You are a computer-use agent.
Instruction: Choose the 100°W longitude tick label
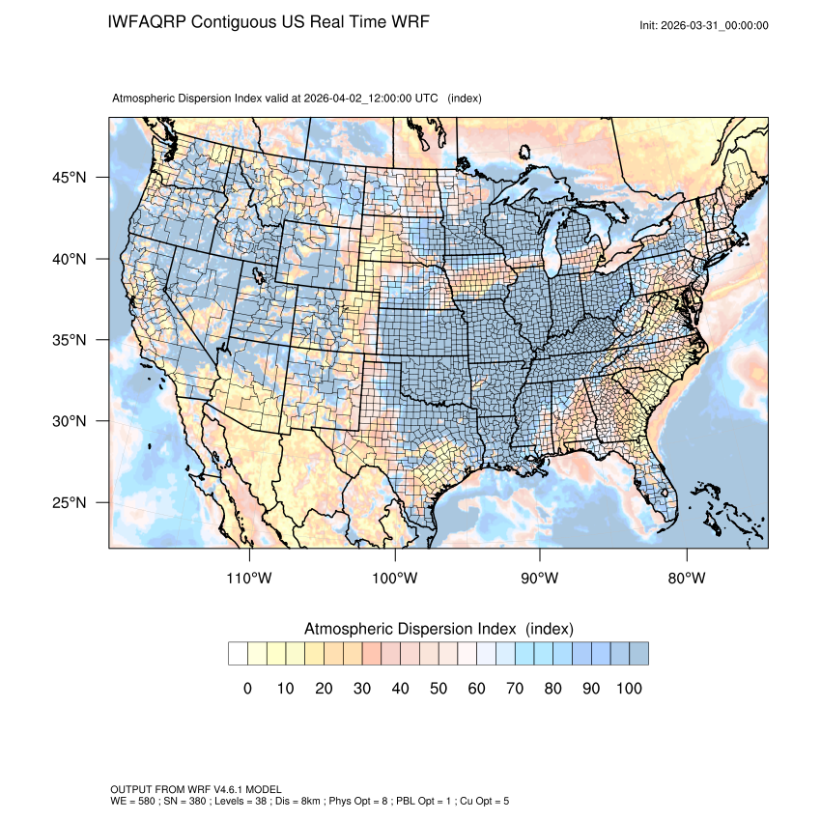[395, 579]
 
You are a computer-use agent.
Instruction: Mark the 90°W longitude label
[540, 579]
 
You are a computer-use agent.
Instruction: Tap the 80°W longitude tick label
[686, 579]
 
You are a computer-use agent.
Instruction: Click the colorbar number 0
[247, 688]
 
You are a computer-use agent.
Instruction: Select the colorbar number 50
[439, 688]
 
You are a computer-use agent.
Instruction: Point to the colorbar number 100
[629, 688]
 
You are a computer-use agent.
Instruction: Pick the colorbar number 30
[362, 688]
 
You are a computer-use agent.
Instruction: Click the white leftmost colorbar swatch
[238, 654]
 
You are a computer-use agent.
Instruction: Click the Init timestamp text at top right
[704, 25]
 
